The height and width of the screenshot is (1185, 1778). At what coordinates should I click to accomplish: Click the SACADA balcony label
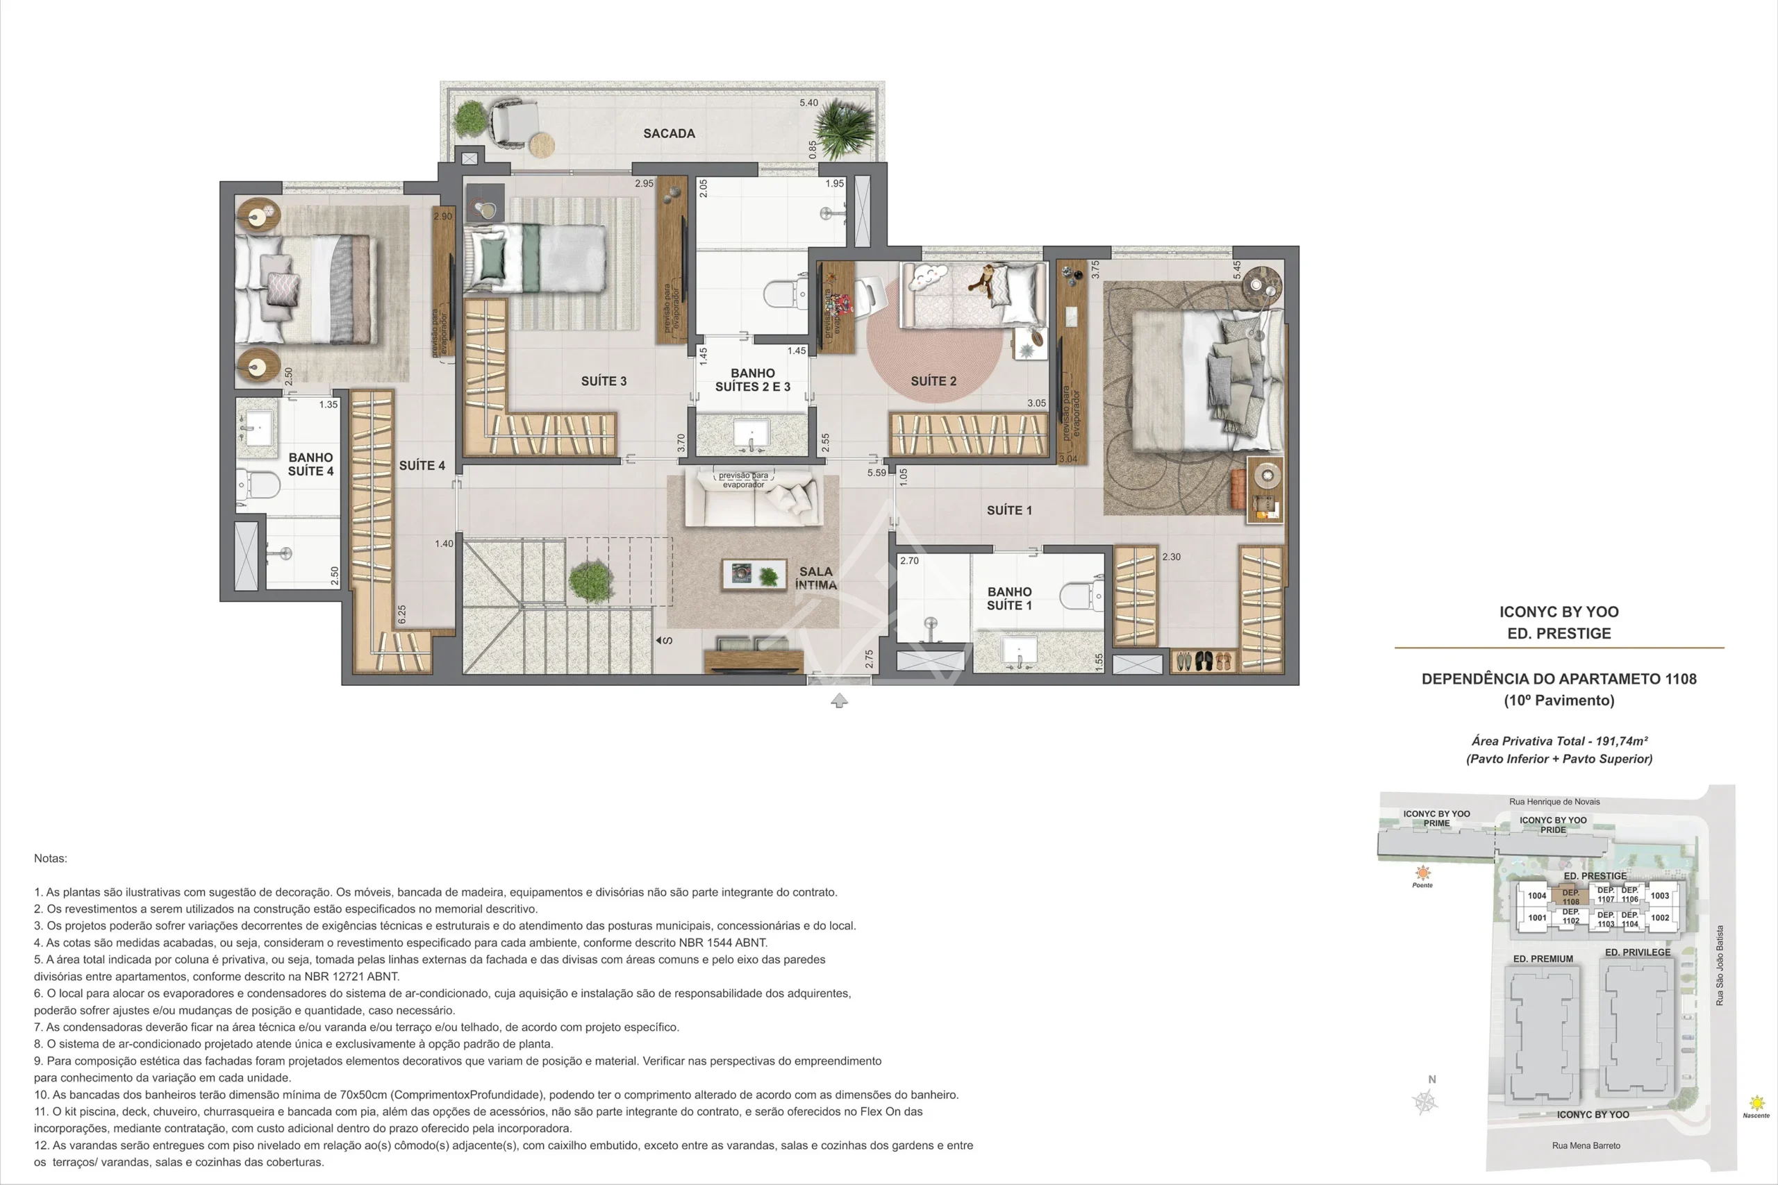[x=669, y=134]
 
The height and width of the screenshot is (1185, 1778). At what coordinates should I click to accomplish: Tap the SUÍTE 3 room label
[x=604, y=381]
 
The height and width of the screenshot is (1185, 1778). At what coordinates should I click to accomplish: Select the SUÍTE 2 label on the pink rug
[x=933, y=381]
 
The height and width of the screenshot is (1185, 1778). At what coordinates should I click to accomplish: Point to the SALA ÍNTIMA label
[x=815, y=578]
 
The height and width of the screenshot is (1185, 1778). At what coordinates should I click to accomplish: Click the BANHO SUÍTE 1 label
[x=1009, y=598]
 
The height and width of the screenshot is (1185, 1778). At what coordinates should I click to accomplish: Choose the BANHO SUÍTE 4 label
[x=310, y=464]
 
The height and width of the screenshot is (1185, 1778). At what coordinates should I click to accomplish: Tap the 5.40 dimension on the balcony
[x=809, y=103]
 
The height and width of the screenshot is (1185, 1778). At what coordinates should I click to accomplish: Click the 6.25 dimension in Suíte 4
[x=401, y=614]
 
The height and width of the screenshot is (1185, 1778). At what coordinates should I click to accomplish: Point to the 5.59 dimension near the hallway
[x=877, y=473]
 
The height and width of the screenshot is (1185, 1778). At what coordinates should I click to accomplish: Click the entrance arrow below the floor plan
[x=839, y=700]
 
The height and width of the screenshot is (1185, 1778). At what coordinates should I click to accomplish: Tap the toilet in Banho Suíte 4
[x=258, y=484]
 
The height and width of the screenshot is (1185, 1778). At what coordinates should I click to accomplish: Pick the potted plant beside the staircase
[x=590, y=580]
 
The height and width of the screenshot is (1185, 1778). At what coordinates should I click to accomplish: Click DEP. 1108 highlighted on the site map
[x=1571, y=897]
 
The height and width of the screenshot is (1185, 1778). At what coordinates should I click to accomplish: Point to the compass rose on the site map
[x=1425, y=1102]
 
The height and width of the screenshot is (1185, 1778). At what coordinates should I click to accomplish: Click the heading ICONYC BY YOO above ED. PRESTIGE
[x=1559, y=612]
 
